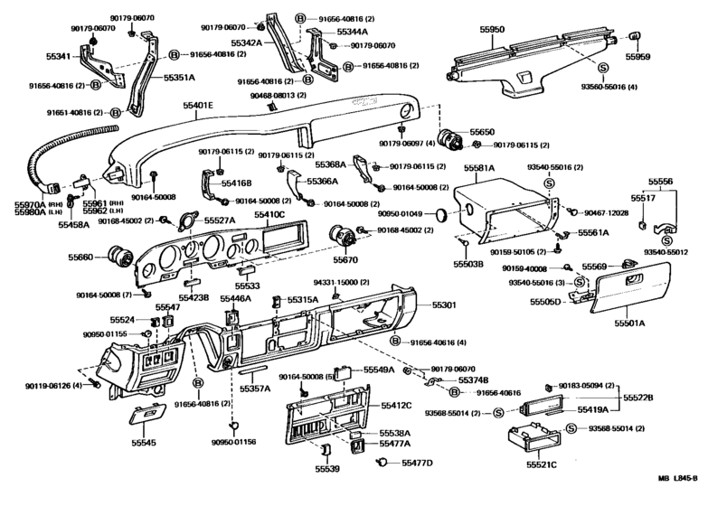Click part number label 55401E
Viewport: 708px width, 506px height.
coord(198,106)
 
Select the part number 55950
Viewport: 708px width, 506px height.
coord(492,30)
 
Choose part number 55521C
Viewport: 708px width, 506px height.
coord(541,464)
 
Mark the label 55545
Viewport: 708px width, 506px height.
coord(144,444)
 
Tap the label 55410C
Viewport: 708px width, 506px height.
coord(269,214)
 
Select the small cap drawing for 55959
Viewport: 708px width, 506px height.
coord(634,37)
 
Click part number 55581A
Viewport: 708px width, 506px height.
coord(479,168)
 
